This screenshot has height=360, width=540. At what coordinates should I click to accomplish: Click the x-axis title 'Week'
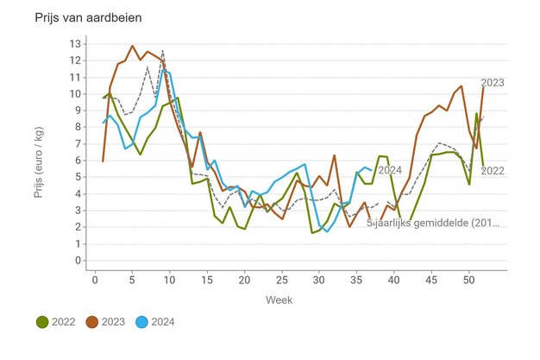click(x=279, y=300)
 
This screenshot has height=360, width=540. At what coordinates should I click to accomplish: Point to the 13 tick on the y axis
click(x=76, y=44)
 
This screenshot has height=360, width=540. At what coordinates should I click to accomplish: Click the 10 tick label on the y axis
click(x=76, y=94)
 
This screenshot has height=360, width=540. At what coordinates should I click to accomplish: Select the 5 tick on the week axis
click(x=132, y=280)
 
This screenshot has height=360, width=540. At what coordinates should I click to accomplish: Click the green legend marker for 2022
click(x=41, y=323)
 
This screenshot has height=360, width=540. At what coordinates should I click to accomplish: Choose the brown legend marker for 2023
click(x=95, y=323)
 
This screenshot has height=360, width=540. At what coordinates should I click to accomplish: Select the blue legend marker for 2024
click(x=149, y=323)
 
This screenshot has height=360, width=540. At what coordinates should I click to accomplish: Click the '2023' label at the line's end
click(x=492, y=83)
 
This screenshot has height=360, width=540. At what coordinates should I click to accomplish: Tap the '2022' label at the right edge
click(x=492, y=171)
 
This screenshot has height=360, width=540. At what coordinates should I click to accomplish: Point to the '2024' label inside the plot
click(x=390, y=170)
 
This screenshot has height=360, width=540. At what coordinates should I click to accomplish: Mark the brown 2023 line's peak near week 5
click(x=132, y=46)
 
